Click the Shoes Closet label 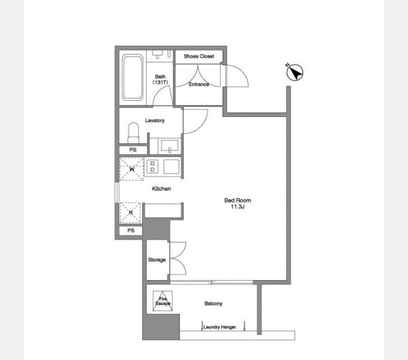[x=199, y=56]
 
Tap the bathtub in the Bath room [x=133, y=77]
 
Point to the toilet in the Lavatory [x=133, y=133]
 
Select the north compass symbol [x=295, y=72]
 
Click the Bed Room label [x=238, y=200]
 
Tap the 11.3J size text [x=238, y=207]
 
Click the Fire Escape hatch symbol [x=163, y=301]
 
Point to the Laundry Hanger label [x=220, y=327]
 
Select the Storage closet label [x=157, y=260]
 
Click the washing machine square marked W [x=131, y=169]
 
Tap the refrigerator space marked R [x=130, y=213]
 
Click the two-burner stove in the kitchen [x=152, y=166]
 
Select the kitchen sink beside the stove [x=171, y=166]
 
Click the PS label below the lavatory [x=133, y=150]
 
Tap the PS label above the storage [x=131, y=230]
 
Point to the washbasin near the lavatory [x=170, y=145]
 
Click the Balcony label [x=214, y=304]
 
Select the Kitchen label [x=161, y=189]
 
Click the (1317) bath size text [x=160, y=82]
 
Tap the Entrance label [x=199, y=84]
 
